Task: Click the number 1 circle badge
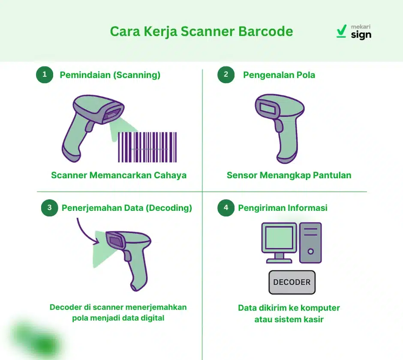pos(45,75)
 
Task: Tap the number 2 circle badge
pos(226,75)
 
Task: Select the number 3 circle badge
pos(50,208)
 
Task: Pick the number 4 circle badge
pos(226,208)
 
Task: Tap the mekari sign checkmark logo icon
pos(341,31)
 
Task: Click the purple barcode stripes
pos(147,147)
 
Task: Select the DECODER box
pos(292,282)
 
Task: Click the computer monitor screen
pos(279,238)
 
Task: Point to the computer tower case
pos(310,243)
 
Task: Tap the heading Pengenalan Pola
pos(279,75)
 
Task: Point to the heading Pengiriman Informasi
pos(283,208)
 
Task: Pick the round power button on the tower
pos(310,252)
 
